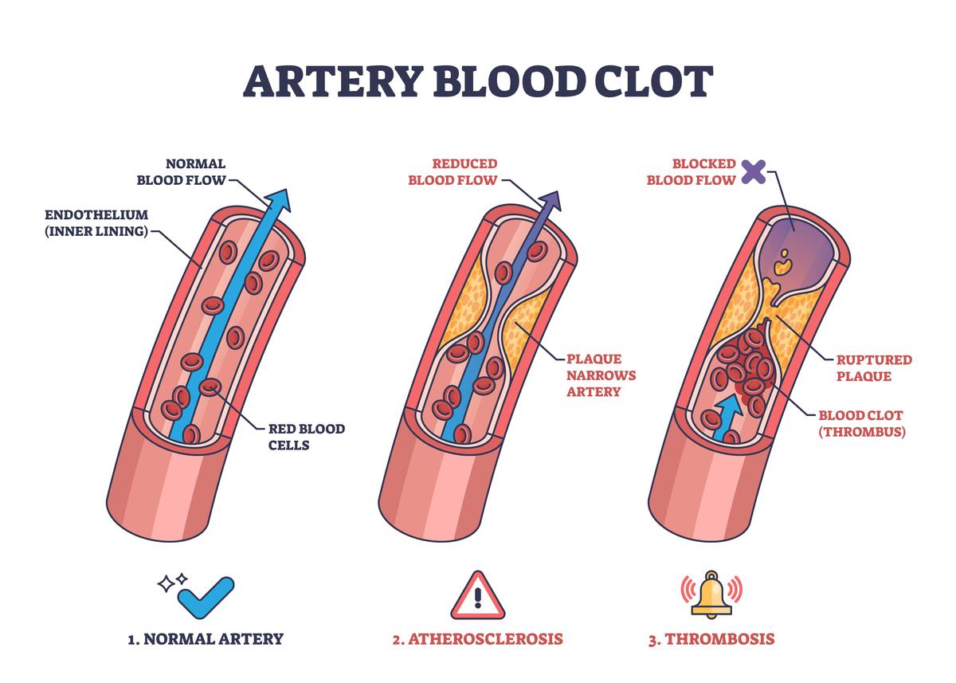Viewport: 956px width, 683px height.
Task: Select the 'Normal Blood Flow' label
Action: click(x=181, y=171)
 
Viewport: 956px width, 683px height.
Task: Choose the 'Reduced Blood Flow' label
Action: click(x=453, y=171)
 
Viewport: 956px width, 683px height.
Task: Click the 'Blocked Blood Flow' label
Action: click(x=691, y=171)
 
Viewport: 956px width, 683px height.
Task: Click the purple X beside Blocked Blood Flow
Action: click(x=754, y=171)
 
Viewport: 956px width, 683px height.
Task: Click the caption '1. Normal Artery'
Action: click(x=206, y=638)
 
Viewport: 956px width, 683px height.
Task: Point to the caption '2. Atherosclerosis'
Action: click(x=478, y=638)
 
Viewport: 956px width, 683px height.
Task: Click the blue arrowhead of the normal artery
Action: click(x=278, y=201)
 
